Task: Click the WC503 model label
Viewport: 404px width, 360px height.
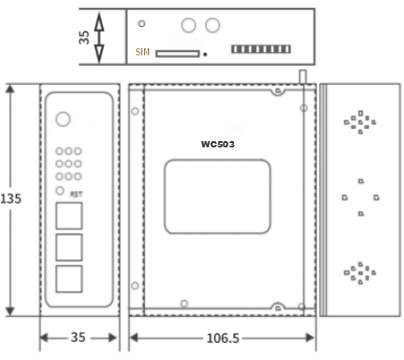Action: point(218,144)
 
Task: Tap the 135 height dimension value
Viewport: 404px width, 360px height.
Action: point(11,198)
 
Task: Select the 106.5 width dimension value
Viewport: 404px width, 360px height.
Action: point(223,339)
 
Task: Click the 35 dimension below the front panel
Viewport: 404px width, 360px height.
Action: point(78,338)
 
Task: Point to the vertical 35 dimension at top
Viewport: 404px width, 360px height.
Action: point(84,38)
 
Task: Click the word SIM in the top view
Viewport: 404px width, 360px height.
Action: point(142,52)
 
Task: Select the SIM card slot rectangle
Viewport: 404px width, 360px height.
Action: point(178,54)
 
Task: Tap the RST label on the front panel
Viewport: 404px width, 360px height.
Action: point(76,194)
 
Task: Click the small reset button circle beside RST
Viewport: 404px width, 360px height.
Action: point(60,190)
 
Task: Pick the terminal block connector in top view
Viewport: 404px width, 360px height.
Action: point(261,49)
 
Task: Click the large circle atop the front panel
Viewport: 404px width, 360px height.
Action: point(63,119)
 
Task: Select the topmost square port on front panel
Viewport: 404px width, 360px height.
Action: point(69,215)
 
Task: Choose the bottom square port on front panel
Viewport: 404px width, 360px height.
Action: point(69,279)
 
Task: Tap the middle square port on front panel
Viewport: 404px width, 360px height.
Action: point(69,247)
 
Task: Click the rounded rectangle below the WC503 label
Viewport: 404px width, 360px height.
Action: point(217,160)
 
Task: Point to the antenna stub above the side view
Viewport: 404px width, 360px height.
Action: point(303,77)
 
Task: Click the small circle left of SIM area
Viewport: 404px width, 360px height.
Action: point(142,23)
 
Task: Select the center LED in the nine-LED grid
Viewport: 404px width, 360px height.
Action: point(69,163)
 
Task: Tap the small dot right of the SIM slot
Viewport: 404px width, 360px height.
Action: point(205,54)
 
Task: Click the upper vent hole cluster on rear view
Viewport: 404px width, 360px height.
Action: point(360,122)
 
